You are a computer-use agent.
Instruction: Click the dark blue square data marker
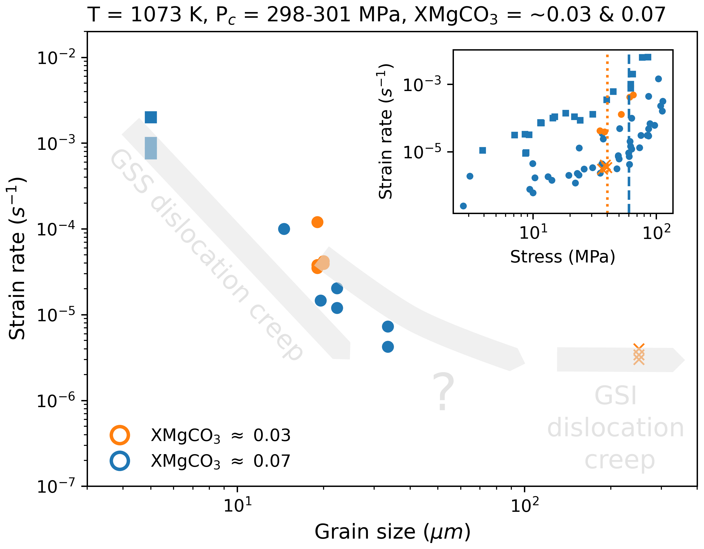click(x=151, y=117)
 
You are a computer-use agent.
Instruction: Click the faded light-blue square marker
click(x=151, y=148)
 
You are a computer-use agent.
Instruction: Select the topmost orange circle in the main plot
click(x=317, y=222)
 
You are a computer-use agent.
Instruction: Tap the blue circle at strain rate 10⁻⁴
click(x=284, y=229)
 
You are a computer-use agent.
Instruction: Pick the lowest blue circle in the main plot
click(x=388, y=347)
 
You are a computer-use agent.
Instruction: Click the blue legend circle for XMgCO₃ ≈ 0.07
click(x=120, y=461)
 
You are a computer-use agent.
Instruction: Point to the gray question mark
click(x=443, y=392)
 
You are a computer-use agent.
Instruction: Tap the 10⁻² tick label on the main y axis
click(x=56, y=58)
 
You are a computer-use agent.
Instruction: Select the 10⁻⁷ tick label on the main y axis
click(x=56, y=486)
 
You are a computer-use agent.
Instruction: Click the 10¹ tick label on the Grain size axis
click(x=237, y=505)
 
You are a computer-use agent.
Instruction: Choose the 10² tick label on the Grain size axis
click(x=525, y=505)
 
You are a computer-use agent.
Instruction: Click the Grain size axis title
click(x=392, y=532)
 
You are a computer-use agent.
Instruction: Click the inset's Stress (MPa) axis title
click(x=562, y=257)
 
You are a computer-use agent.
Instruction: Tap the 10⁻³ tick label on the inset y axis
click(x=422, y=85)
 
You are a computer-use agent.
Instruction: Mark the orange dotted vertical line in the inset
click(x=607, y=194)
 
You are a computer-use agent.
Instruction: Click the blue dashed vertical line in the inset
click(x=629, y=194)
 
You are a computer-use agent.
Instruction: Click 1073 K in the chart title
click(x=169, y=15)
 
